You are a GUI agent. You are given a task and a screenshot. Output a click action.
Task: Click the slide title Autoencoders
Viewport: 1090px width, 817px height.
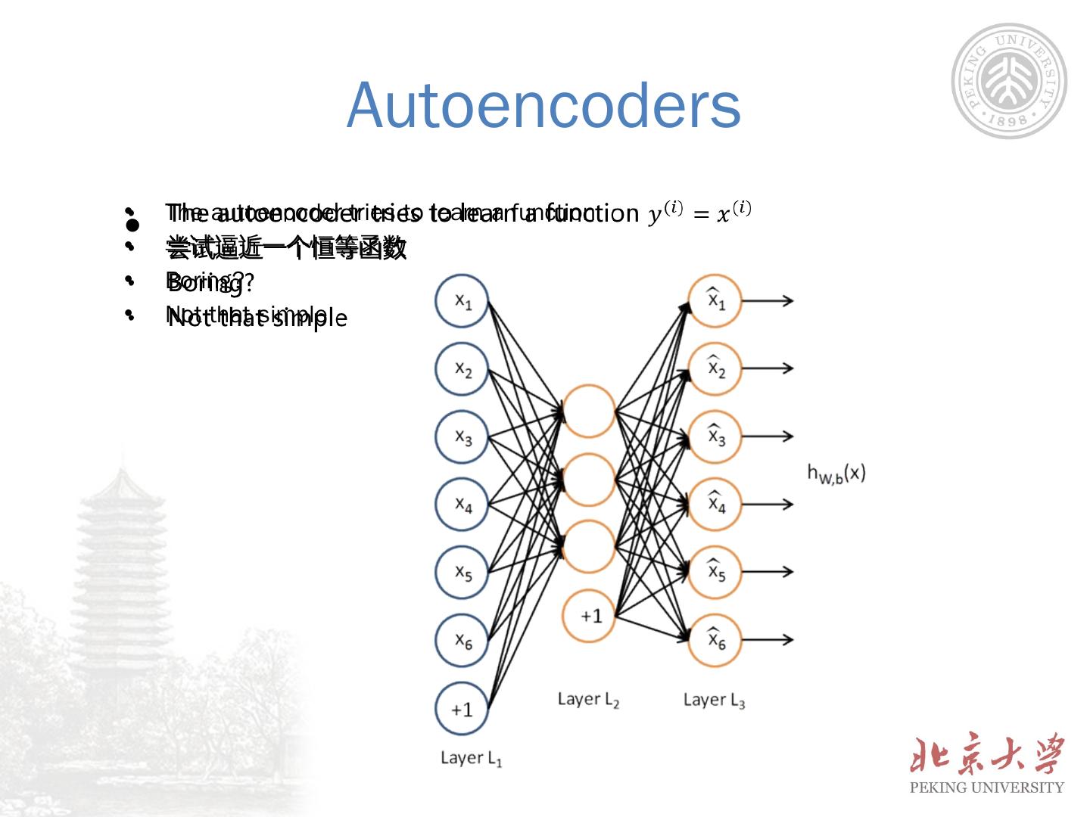click(543, 104)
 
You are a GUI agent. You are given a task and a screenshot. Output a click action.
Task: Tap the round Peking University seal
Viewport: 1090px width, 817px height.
click(1009, 81)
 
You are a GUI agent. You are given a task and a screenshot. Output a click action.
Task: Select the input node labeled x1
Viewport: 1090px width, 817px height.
click(462, 300)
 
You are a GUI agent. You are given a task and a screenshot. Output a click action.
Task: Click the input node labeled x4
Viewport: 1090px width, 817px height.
click(462, 504)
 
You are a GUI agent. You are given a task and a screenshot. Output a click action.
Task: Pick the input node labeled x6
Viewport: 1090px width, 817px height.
click(462, 640)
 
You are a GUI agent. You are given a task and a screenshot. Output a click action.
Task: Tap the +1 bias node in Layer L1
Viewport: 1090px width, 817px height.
click(462, 709)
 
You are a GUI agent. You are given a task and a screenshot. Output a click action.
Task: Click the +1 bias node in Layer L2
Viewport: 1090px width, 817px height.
click(588, 616)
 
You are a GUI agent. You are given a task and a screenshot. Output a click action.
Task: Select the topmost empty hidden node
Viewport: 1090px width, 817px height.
click(588, 411)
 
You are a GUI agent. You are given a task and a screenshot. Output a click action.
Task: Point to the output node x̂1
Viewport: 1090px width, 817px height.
click(715, 300)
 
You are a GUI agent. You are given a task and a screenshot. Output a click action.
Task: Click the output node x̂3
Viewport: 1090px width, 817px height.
click(715, 436)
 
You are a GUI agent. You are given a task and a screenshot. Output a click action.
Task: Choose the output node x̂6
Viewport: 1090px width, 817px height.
click(715, 640)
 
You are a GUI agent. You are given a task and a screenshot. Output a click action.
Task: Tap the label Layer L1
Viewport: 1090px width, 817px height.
click(471, 758)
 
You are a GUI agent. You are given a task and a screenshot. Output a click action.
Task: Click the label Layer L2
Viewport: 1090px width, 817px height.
click(588, 700)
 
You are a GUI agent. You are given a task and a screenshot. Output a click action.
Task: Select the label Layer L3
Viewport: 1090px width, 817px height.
click(714, 701)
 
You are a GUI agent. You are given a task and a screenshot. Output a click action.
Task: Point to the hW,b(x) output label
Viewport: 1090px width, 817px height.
click(836, 474)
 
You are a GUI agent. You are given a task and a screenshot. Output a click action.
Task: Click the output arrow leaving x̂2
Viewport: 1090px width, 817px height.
click(767, 368)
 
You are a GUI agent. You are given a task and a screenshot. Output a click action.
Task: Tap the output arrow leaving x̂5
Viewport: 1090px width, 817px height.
click(767, 572)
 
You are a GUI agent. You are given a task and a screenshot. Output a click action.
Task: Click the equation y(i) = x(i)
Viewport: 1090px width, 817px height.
click(699, 212)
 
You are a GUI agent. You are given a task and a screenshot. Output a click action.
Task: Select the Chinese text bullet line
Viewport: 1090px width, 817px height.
click(286, 247)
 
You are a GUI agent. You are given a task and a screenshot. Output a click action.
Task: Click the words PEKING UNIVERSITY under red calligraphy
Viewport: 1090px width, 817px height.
click(986, 787)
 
